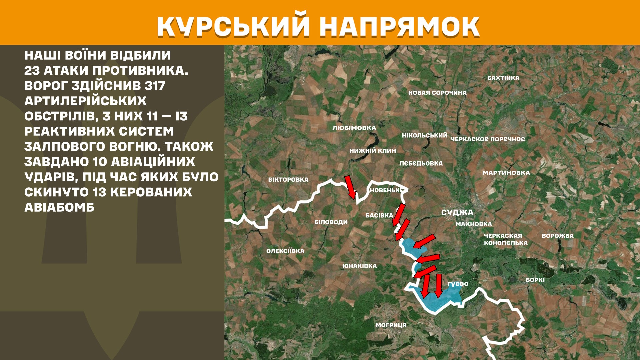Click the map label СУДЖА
457,213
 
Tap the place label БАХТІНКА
503,78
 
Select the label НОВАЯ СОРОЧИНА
437,93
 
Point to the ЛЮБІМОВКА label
354,128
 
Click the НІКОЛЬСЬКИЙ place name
424,135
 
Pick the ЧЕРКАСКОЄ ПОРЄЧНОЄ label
487,139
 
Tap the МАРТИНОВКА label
506,173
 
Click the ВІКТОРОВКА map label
288,179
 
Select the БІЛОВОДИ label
331,222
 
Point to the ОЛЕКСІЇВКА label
285,251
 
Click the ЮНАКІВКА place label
359,266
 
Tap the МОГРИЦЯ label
391,325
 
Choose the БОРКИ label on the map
535,280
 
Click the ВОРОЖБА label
557,236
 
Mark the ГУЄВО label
458,284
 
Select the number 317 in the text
155,86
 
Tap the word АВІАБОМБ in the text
59,207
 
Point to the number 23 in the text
32,71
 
